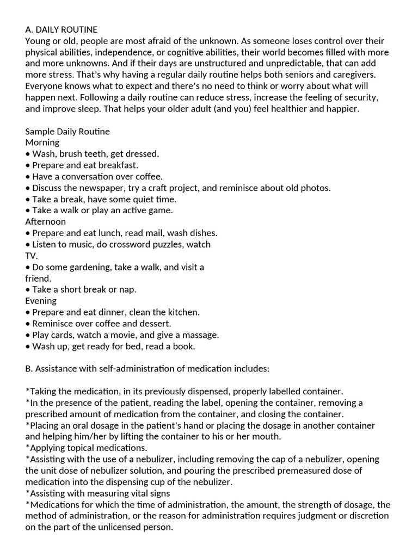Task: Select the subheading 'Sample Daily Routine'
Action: point(67,132)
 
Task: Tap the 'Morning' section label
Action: point(42,143)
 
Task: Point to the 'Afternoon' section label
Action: point(46,222)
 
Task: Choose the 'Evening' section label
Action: point(41,301)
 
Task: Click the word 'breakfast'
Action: point(119,165)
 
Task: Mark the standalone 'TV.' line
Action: point(32,256)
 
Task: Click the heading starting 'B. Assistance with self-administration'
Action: point(147,369)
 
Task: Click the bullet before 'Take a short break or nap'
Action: point(28,290)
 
